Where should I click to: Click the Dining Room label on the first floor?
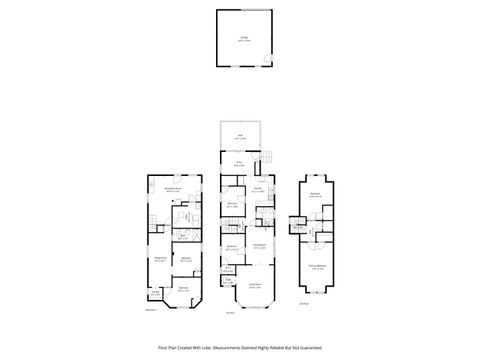pyautogui.click(x=258, y=246)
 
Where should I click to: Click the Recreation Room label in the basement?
pyautogui.click(x=172, y=189)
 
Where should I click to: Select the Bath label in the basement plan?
pyautogui.click(x=182, y=238)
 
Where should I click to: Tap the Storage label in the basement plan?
pyautogui.click(x=155, y=293)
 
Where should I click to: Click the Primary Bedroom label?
pyautogui.click(x=315, y=266)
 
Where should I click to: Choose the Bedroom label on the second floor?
pyautogui.click(x=315, y=195)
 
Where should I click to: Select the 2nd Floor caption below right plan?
pyautogui.click(x=304, y=303)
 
